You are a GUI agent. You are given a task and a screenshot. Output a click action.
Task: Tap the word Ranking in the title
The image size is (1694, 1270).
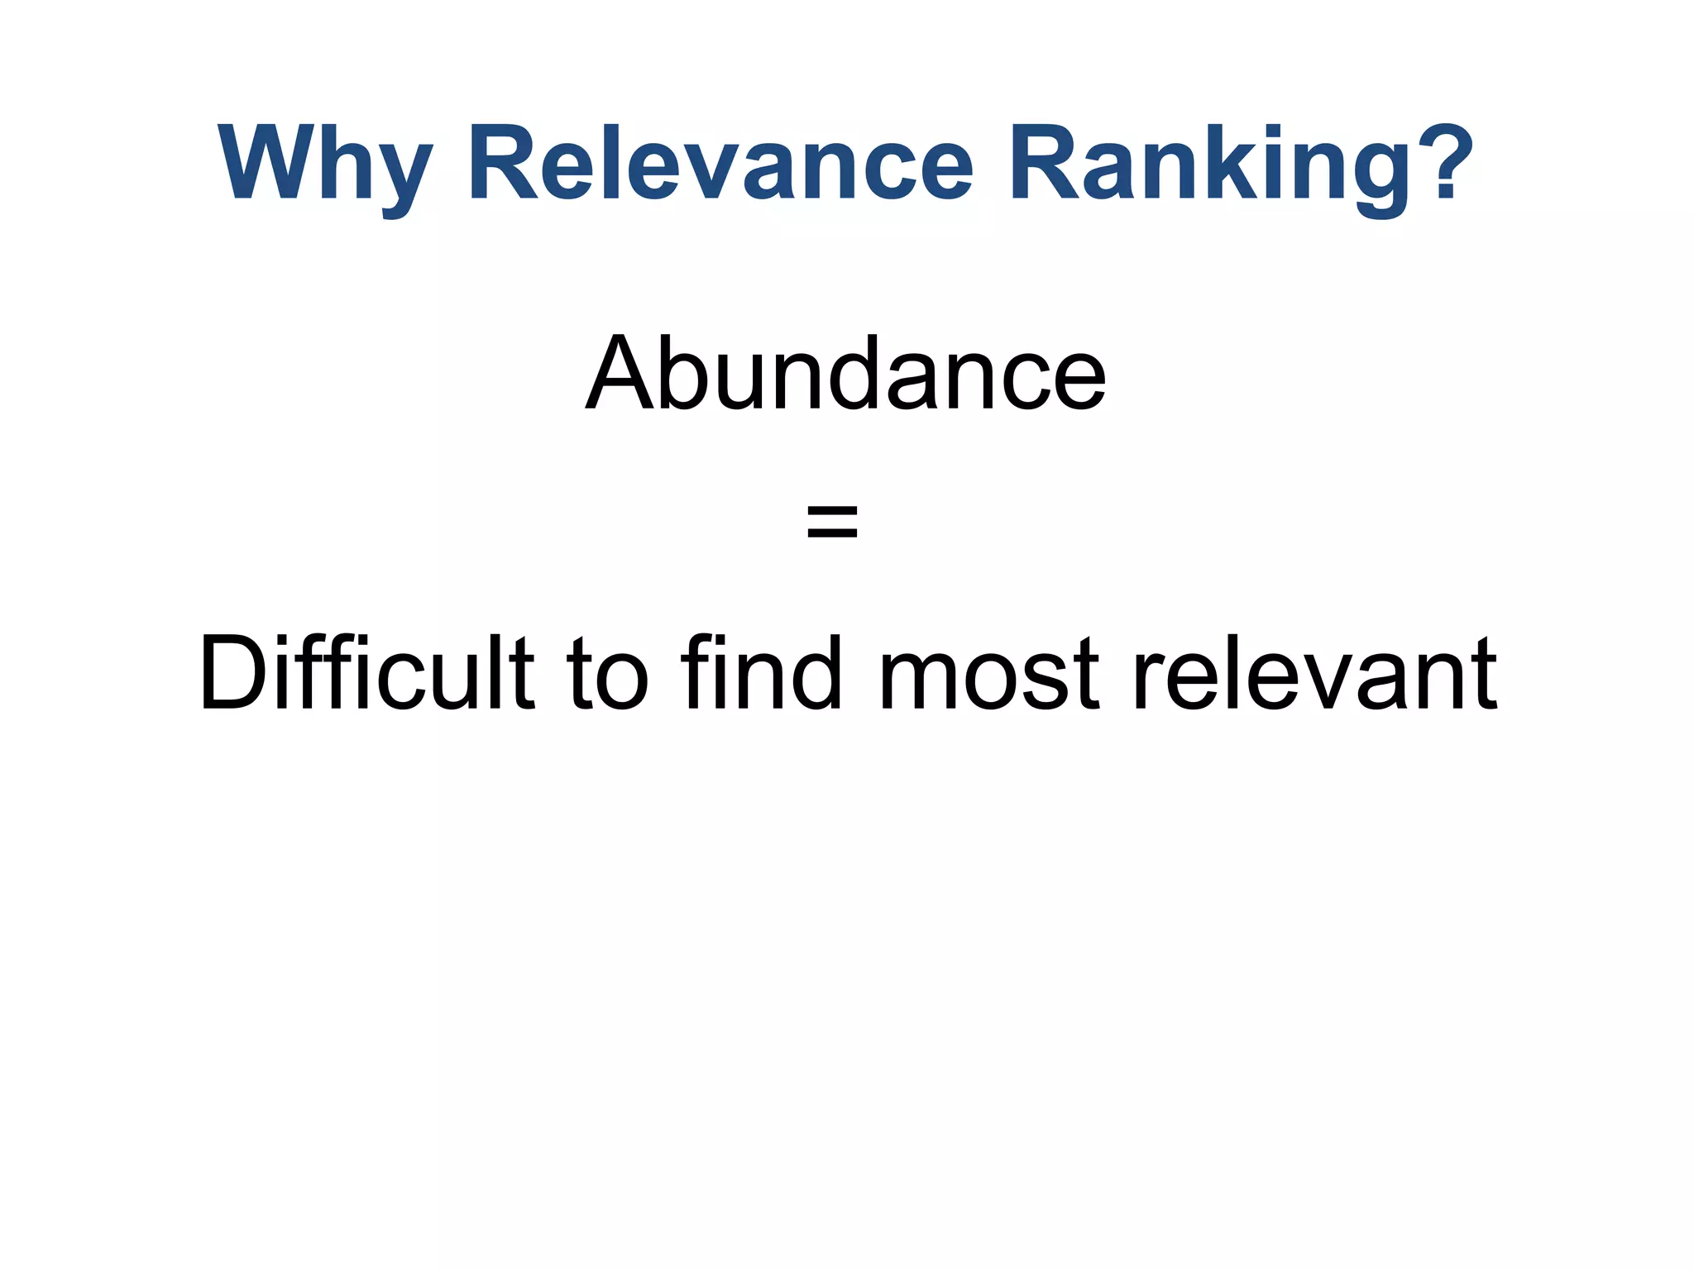coord(1208,165)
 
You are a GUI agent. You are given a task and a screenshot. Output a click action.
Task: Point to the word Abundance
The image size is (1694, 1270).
coord(845,374)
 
